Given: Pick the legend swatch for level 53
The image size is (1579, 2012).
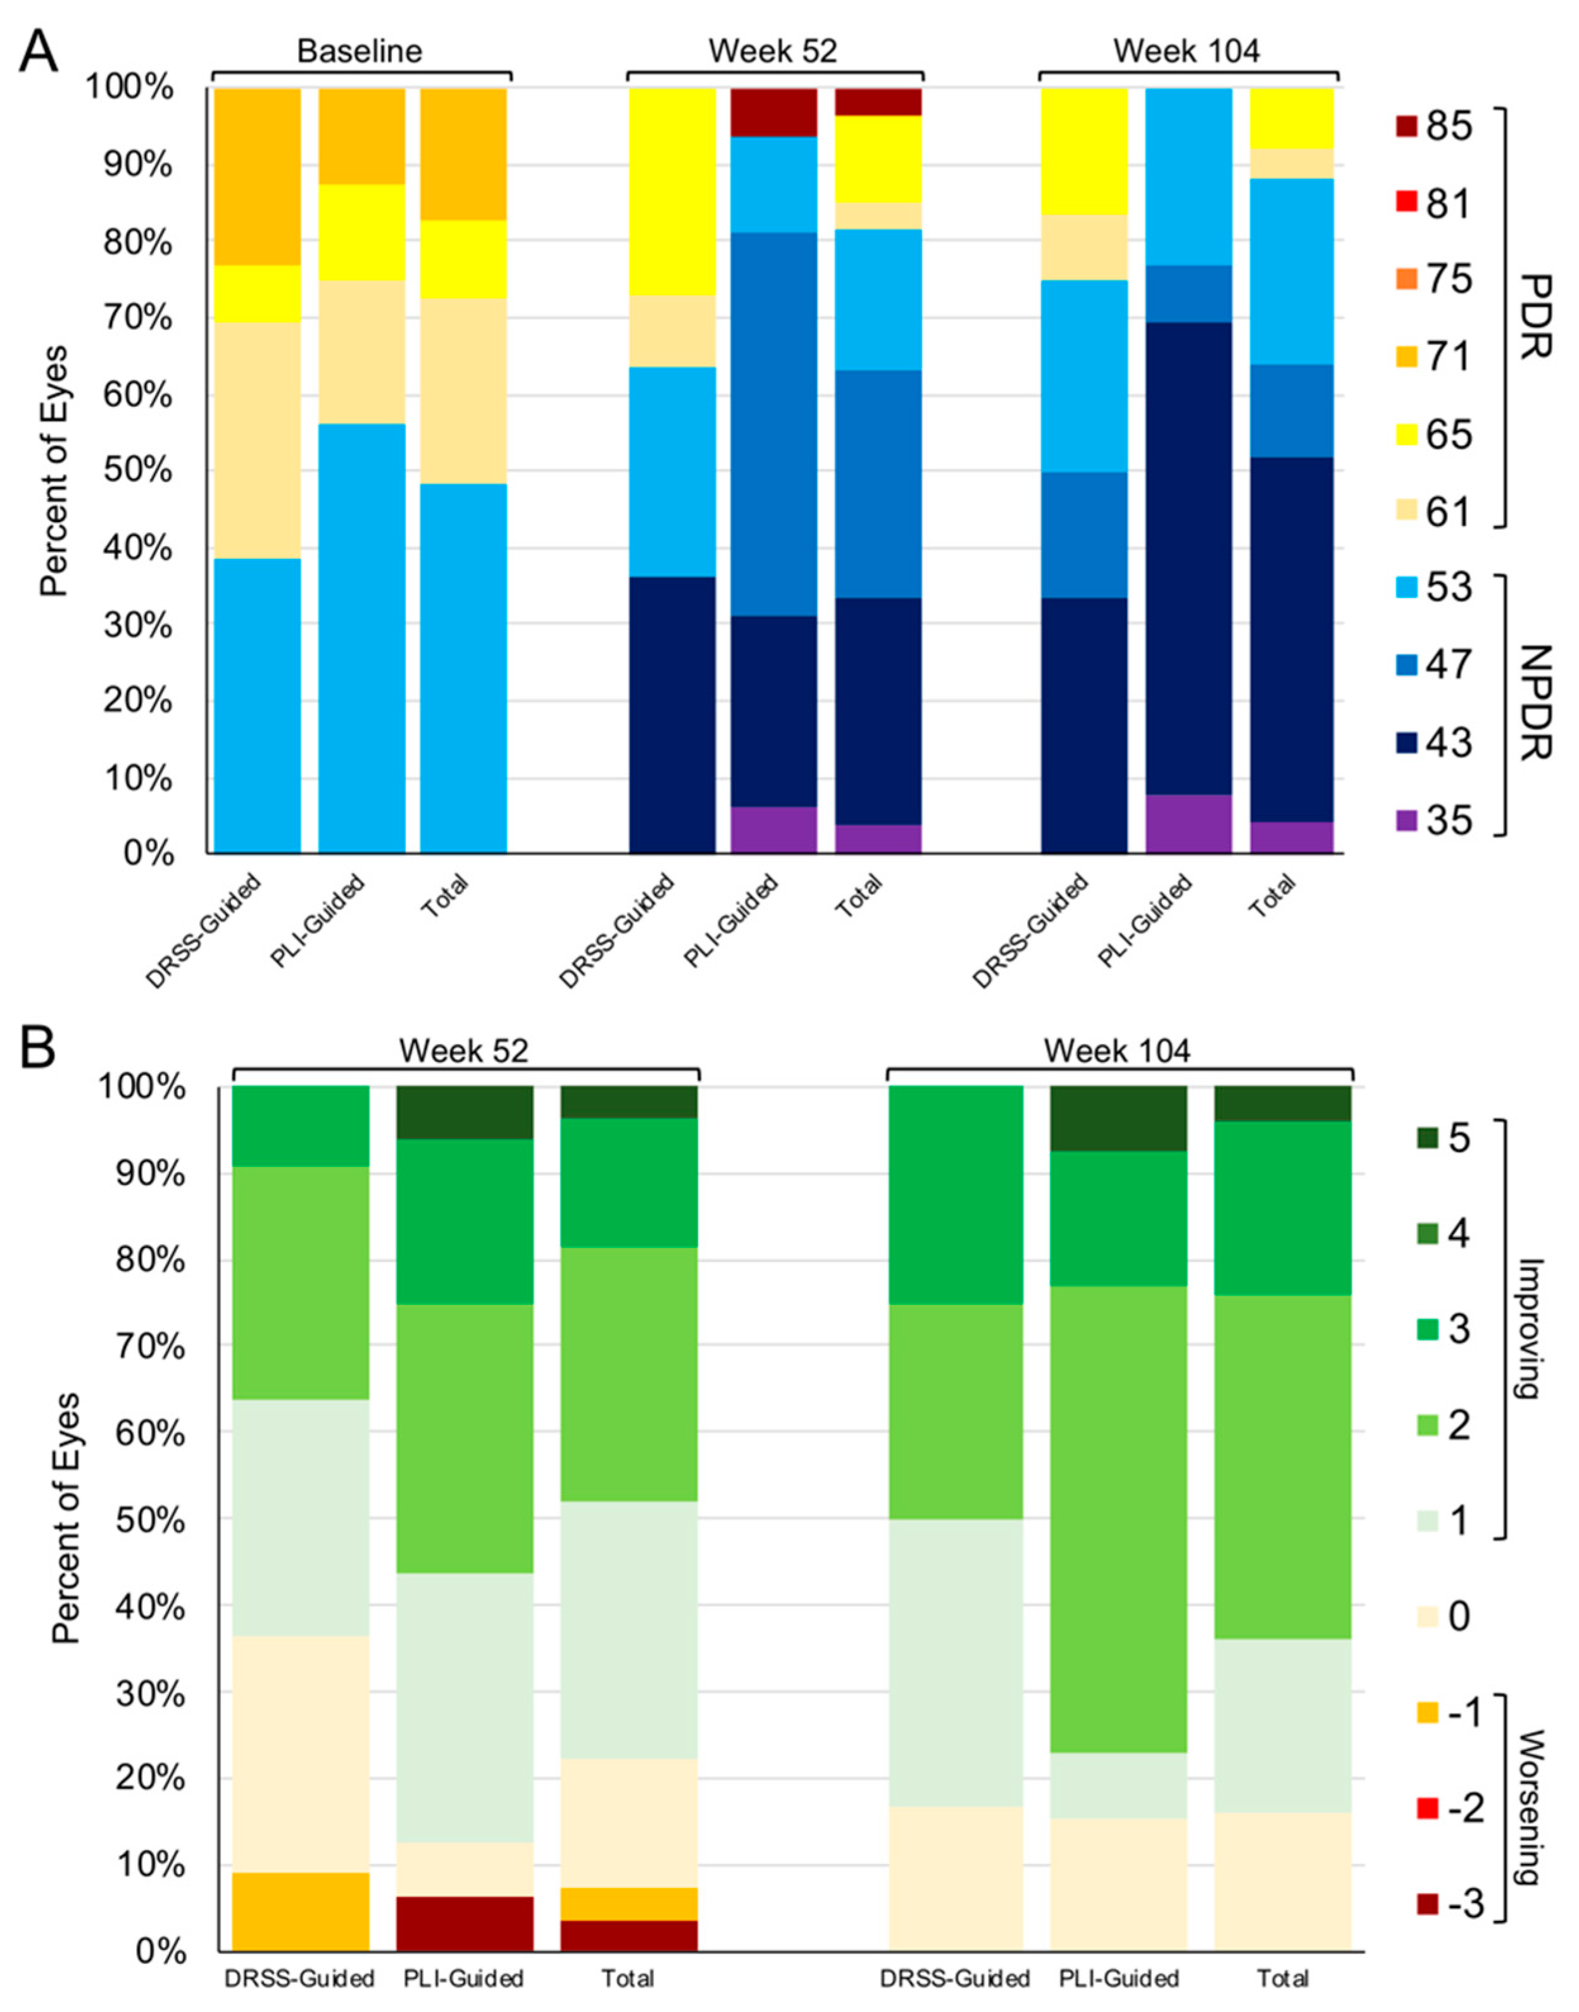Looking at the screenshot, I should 1406,588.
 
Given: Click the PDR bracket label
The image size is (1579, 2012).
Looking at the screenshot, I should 1535,316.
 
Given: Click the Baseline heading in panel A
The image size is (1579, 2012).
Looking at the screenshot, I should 359,51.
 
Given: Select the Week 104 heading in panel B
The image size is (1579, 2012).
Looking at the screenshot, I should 1117,1051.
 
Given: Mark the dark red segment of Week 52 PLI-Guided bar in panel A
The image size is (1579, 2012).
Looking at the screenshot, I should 774,112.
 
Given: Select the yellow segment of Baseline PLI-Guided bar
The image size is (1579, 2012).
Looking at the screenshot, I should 361,232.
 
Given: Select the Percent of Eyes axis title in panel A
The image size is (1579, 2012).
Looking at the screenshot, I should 56,472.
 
